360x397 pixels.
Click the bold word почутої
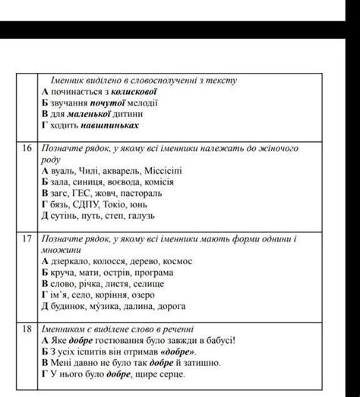(110, 102)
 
